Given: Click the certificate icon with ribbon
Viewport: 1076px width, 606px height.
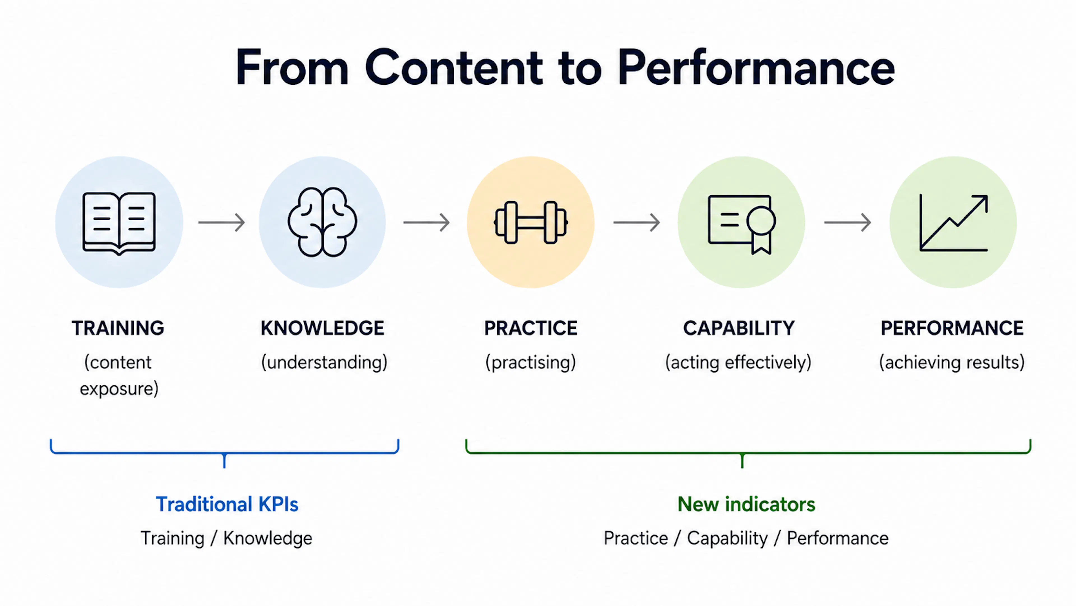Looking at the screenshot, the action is pos(742,225).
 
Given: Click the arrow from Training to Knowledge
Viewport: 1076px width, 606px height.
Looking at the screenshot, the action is pos(221,222).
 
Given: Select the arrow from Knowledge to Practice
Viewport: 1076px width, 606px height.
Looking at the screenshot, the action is pos(426,222).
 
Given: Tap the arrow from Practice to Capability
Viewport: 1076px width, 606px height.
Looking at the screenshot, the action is pos(637,222).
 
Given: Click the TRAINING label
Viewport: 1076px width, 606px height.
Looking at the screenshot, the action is pos(118,328).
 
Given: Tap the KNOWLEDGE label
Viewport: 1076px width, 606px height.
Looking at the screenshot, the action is pos(323,328).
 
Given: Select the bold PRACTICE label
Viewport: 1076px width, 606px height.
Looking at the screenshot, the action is pos(530,328).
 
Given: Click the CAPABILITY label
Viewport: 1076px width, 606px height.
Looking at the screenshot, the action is pos(739,328).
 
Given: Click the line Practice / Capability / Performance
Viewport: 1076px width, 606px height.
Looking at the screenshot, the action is pos(746,538).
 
